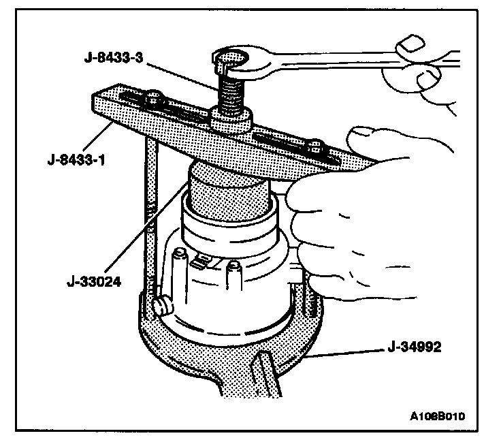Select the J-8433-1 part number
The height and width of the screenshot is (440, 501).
click(x=74, y=142)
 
